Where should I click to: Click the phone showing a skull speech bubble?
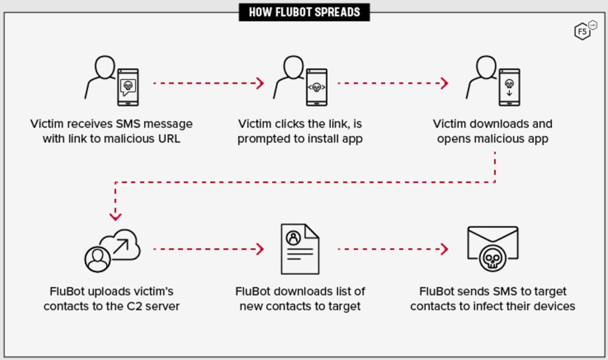pos(128,87)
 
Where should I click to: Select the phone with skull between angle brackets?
pos(317,87)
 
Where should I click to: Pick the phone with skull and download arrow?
pos(509,87)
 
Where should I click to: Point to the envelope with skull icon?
pos(493,248)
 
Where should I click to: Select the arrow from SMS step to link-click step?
pos(208,83)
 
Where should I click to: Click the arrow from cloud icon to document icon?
pos(208,249)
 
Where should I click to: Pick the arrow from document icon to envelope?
pos(393,249)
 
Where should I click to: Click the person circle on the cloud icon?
pos(96,259)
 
